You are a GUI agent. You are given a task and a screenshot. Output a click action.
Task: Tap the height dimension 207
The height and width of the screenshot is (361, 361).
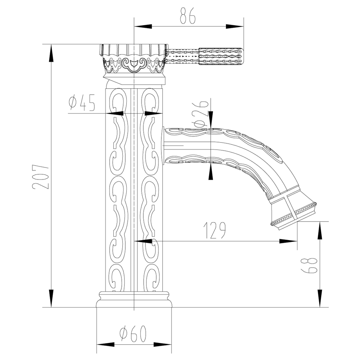click(x=40, y=177)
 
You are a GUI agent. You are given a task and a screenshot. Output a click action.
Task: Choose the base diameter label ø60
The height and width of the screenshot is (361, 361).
click(x=134, y=335)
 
